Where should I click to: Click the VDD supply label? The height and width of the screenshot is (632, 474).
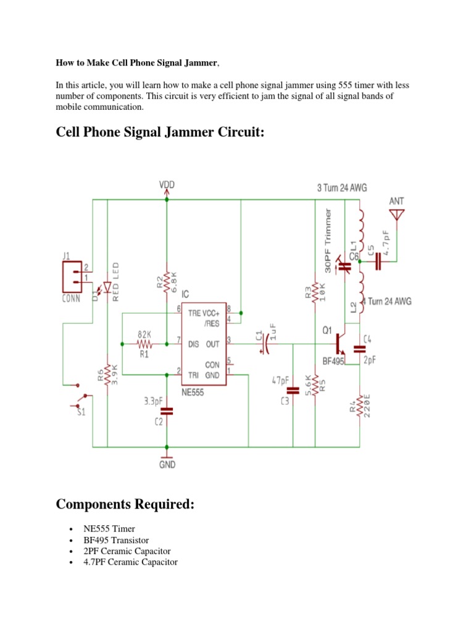click(167, 185)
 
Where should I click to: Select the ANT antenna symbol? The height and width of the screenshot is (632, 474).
click(396, 215)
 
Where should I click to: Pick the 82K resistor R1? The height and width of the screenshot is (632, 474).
click(144, 344)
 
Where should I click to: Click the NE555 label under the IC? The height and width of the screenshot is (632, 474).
click(193, 391)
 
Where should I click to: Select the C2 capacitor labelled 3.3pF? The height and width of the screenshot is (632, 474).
click(167, 410)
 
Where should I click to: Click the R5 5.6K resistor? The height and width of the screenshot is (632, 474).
click(314, 386)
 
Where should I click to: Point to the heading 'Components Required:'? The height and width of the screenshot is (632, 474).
click(125, 504)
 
